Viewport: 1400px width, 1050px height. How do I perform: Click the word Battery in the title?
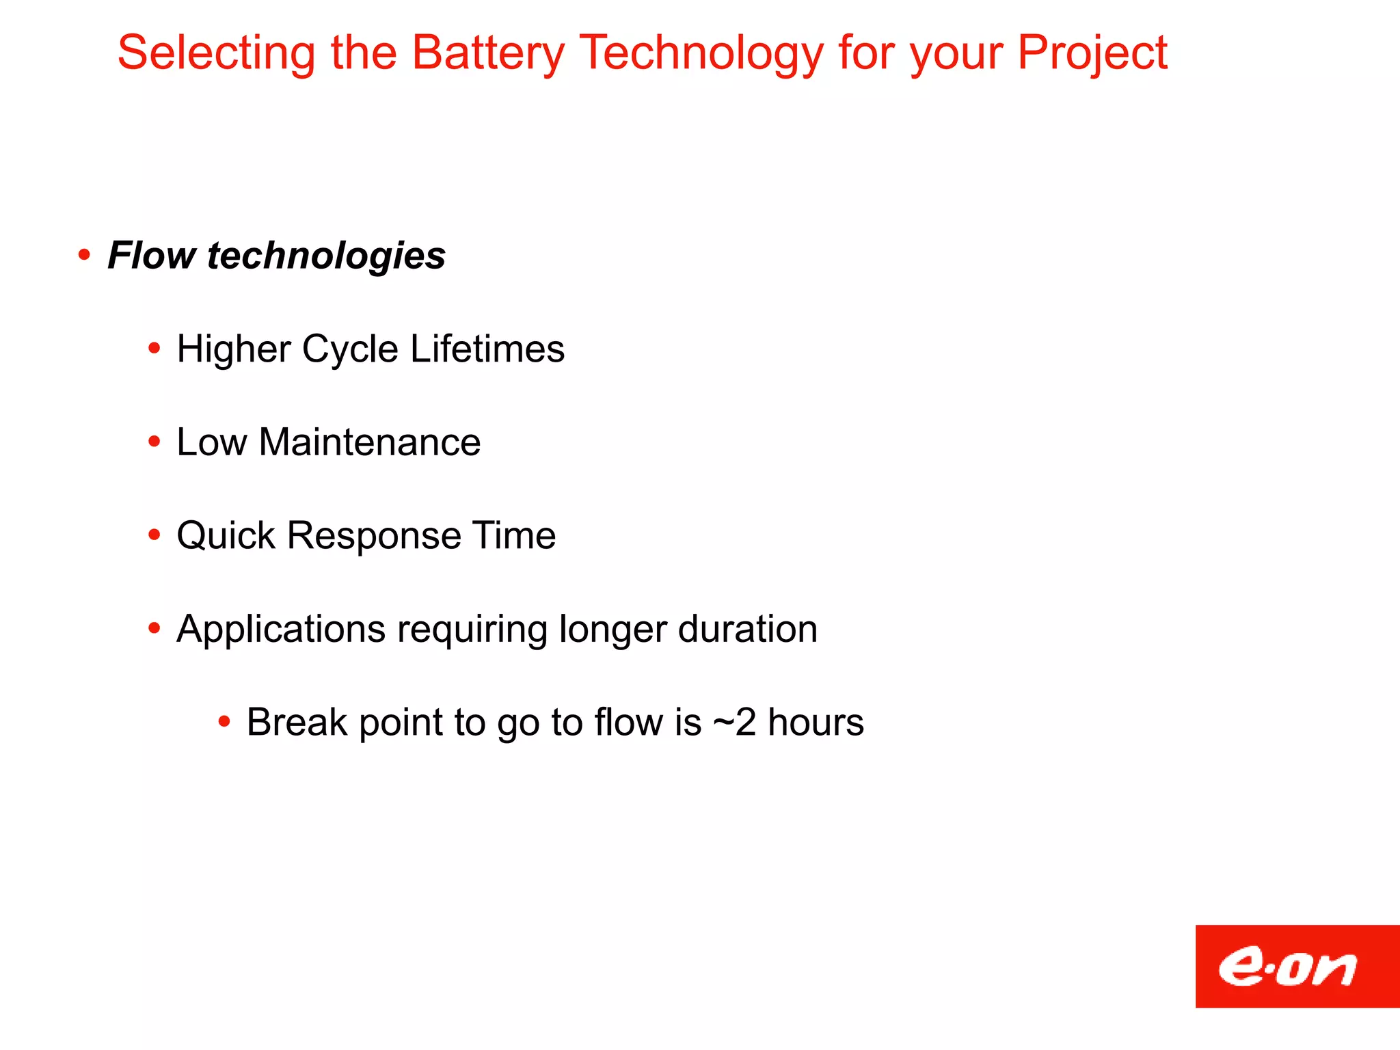pos(488,53)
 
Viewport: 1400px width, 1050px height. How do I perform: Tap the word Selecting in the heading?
pos(216,53)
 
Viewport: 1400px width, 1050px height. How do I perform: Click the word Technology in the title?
pos(701,53)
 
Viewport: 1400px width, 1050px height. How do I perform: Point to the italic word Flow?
pos(152,256)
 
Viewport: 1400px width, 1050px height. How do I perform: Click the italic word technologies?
pos(326,256)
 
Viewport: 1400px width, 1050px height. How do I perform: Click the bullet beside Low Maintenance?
pos(154,442)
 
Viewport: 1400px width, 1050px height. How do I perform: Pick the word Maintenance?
pos(370,442)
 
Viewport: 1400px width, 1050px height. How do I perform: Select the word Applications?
pos(281,629)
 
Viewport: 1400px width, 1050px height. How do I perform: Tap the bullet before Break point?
pos(224,721)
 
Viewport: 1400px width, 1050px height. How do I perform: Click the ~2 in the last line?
pos(734,723)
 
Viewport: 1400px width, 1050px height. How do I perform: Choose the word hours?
pos(816,723)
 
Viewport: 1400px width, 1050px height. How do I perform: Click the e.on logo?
pos(1296,966)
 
